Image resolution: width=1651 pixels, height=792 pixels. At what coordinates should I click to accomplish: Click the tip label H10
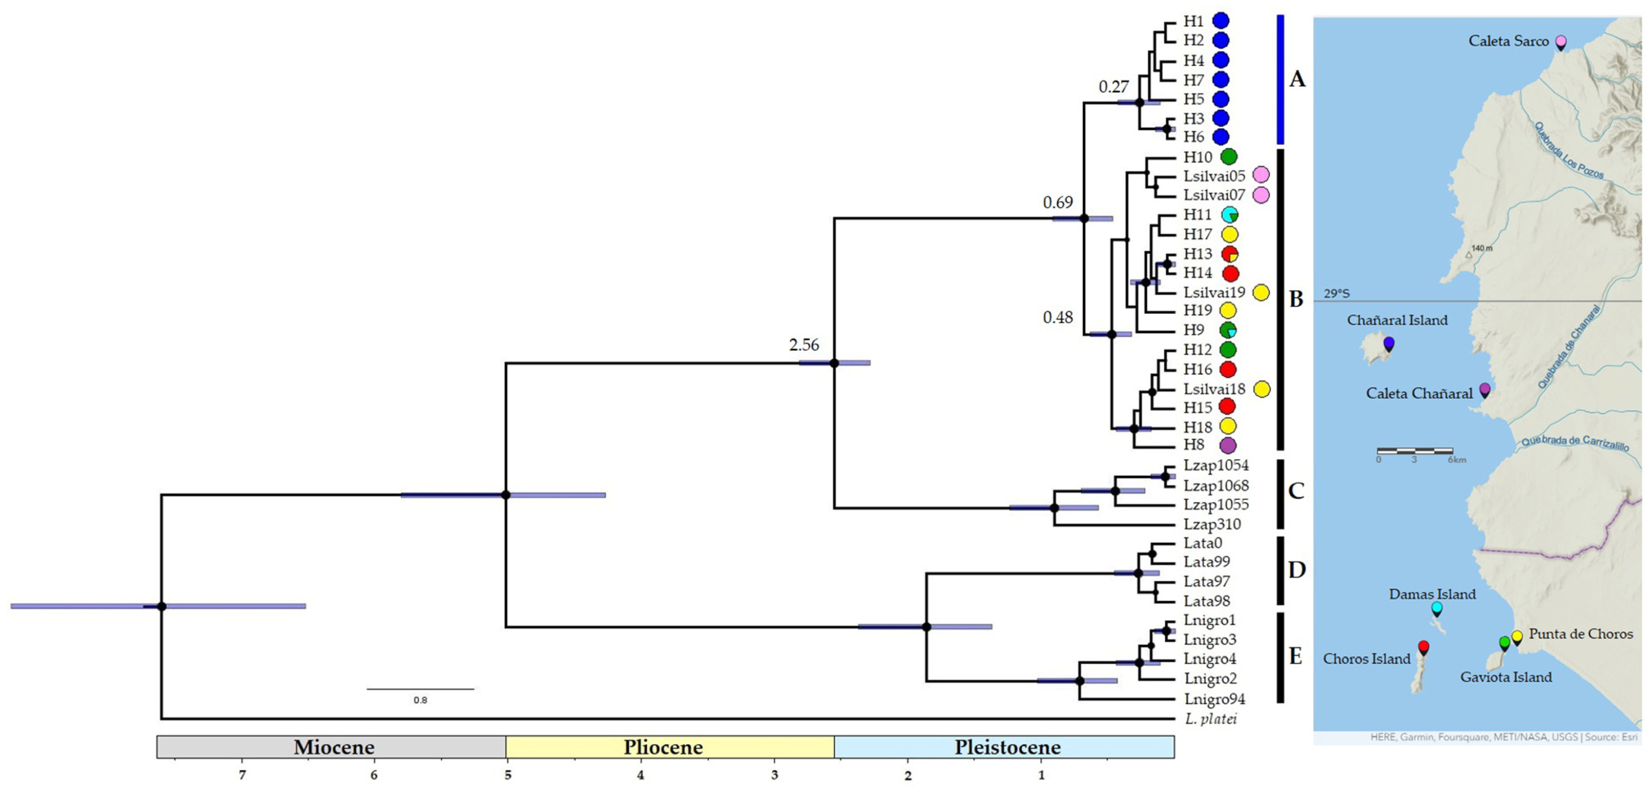[1197, 157]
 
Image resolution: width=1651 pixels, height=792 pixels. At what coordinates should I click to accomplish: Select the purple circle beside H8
[1227, 445]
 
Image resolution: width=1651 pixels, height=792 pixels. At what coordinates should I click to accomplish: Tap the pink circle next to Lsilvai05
[1261, 175]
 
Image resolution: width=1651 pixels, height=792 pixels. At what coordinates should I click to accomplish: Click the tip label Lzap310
[1212, 524]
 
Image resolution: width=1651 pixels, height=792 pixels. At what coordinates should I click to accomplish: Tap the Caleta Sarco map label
[1508, 41]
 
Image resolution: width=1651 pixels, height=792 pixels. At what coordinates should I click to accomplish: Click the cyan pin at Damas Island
[1436, 608]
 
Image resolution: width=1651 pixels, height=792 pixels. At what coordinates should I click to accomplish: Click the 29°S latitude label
[1336, 293]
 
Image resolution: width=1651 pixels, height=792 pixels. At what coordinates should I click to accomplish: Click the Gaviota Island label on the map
[1506, 677]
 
